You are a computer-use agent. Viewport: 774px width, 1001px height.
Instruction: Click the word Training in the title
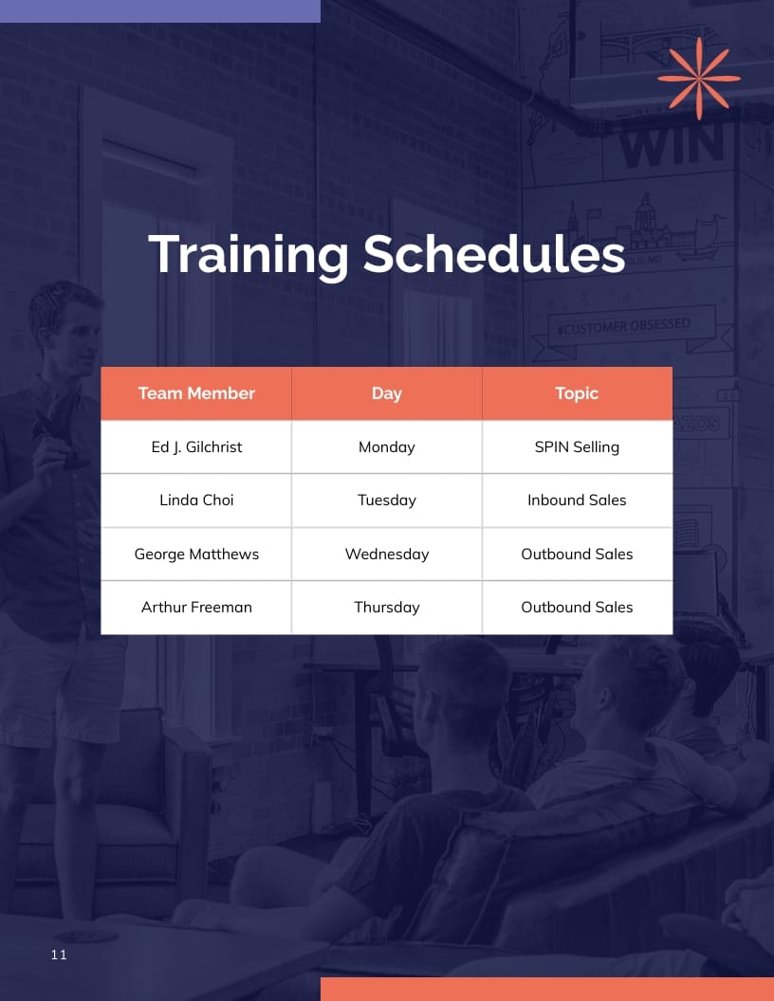coord(249,255)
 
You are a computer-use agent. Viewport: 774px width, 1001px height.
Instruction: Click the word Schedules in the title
coord(494,255)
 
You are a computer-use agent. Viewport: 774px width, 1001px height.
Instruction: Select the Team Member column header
coord(196,393)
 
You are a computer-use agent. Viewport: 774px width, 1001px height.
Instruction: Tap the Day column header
coord(387,393)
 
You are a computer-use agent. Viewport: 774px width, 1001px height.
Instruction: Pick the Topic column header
coord(577,393)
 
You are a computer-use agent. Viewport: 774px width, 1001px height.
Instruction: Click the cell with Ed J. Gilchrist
coord(196,446)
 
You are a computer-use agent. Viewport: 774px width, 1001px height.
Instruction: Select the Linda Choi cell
coord(196,500)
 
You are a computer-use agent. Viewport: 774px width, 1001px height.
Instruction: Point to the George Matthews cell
coord(196,554)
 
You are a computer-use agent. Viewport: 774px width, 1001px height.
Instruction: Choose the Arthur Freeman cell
coord(196,608)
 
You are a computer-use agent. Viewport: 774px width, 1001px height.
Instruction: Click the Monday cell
coord(387,446)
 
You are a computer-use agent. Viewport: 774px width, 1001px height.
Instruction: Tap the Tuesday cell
coord(387,500)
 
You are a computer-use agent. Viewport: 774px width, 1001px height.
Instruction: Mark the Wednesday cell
coord(387,554)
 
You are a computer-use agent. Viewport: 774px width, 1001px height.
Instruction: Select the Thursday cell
coord(387,608)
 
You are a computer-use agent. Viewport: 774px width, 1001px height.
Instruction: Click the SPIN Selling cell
coord(577,446)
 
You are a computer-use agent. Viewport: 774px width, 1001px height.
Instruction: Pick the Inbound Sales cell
coord(577,500)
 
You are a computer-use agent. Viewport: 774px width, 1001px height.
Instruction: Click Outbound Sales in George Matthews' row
coord(577,554)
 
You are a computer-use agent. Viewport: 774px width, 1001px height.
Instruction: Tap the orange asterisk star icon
coord(699,78)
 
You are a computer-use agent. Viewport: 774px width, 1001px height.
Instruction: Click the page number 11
coord(59,955)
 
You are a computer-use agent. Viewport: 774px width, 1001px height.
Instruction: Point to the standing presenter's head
coord(64,318)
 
